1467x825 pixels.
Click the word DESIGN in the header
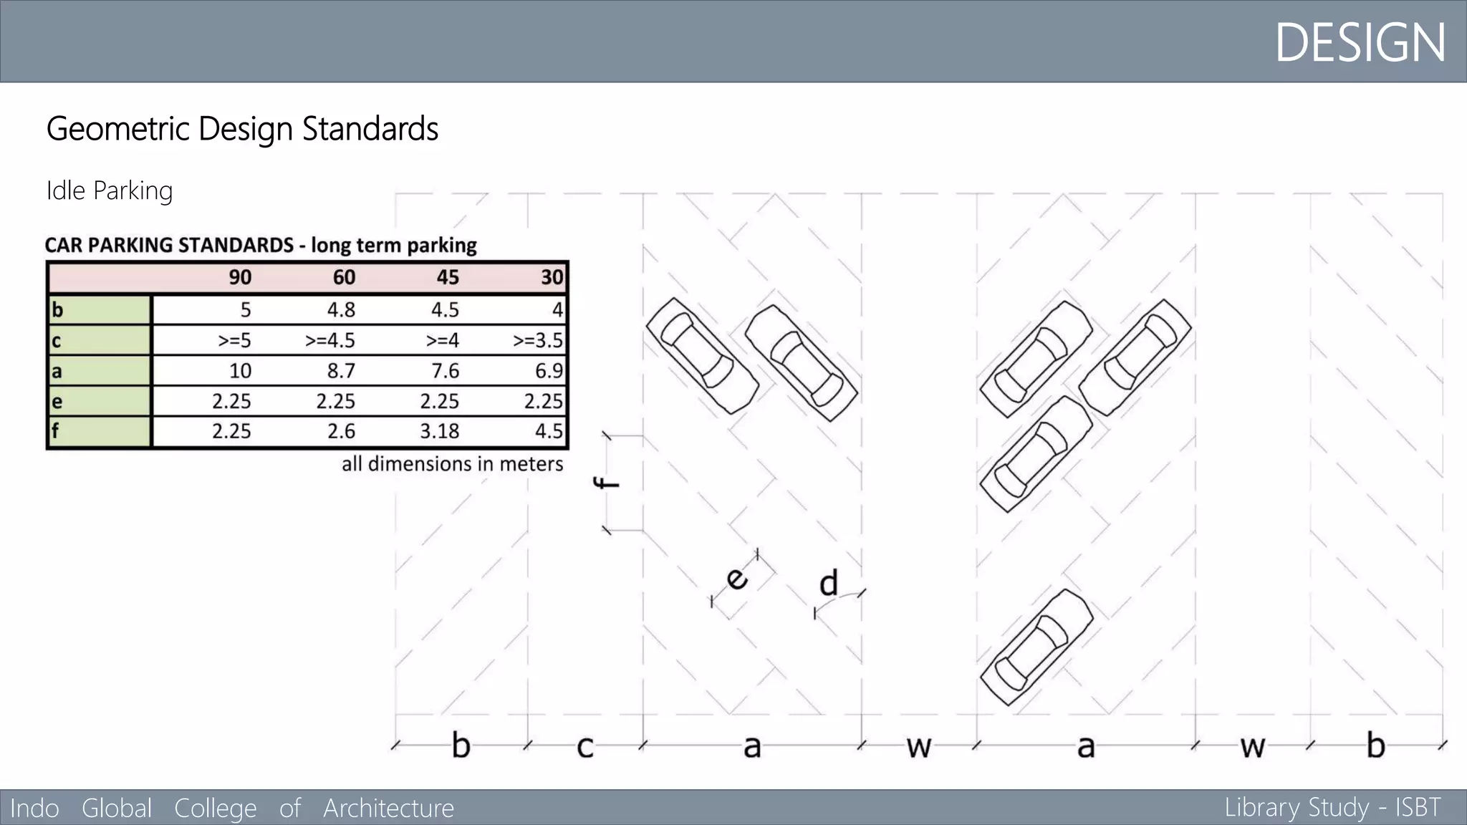tap(1360, 42)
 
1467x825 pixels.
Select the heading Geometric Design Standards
tap(242, 130)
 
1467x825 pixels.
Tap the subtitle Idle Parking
tap(110, 191)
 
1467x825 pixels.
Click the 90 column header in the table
tap(240, 277)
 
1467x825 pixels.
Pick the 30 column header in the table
tap(552, 277)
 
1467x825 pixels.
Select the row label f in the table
tap(55, 431)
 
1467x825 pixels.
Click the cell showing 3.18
tap(439, 431)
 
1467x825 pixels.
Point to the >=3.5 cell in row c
tap(538, 340)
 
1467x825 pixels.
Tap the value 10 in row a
tap(240, 371)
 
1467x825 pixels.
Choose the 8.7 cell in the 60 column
tap(341, 371)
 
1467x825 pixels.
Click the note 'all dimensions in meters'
tap(453, 464)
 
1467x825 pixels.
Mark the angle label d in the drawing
tap(829, 583)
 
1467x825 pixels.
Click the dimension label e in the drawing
tap(736, 578)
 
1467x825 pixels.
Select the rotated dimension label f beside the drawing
tap(606, 483)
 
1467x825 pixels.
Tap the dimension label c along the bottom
tap(585, 747)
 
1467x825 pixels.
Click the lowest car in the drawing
tap(1036, 647)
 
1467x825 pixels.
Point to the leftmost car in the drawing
tap(702, 356)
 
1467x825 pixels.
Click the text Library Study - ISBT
tap(1332, 808)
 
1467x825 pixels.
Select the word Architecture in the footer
tap(388, 809)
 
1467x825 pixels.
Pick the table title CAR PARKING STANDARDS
tap(169, 246)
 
